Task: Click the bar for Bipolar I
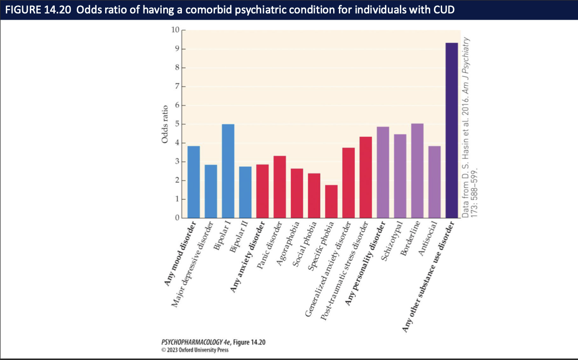click(228, 171)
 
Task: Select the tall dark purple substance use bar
click(451, 130)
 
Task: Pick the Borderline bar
click(417, 171)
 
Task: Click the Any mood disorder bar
click(193, 182)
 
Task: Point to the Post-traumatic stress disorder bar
click(366, 177)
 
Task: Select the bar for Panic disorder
click(280, 187)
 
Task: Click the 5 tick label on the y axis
click(177, 124)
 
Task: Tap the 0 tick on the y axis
click(177, 218)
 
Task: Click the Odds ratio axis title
click(164, 124)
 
